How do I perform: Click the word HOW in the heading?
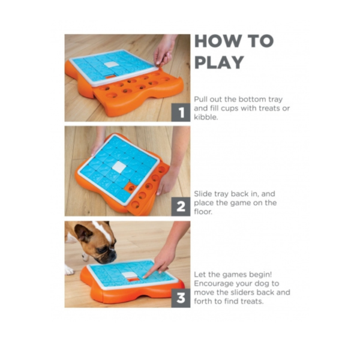coord(217,41)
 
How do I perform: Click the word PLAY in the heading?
coord(219,62)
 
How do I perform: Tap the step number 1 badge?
coord(181,112)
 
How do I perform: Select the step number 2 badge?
coord(181,206)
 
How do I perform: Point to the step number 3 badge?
coord(181,298)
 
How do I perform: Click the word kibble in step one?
coord(205,117)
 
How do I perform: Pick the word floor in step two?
coord(203,211)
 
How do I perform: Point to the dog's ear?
coord(83,232)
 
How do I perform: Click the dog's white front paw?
coord(68,270)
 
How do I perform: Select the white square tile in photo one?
coord(112,64)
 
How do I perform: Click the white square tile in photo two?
coord(119,166)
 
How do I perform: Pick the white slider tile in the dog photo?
coord(129,274)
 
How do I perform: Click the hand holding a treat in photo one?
coord(165,53)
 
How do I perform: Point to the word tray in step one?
coord(275,100)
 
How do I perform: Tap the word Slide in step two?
coord(203,194)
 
